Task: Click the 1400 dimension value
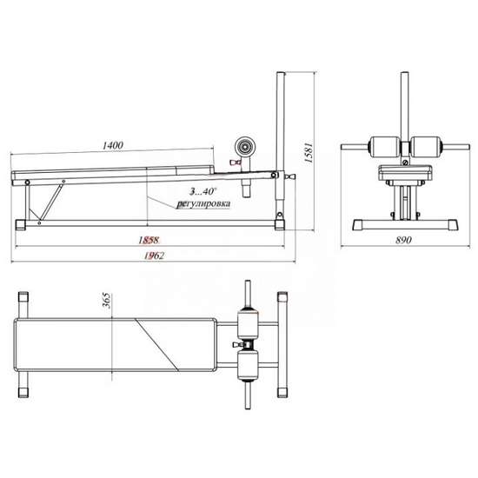click(x=112, y=145)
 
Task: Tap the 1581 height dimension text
click(x=309, y=151)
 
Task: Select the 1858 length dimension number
click(x=149, y=240)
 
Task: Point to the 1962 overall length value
click(x=154, y=256)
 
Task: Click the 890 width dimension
click(x=403, y=240)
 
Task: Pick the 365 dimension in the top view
click(x=107, y=301)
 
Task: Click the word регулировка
click(x=203, y=203)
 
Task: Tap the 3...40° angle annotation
click(x=202, y=191)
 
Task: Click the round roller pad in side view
click(x=244, y=147)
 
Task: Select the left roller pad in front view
click(x=385, y=147)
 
